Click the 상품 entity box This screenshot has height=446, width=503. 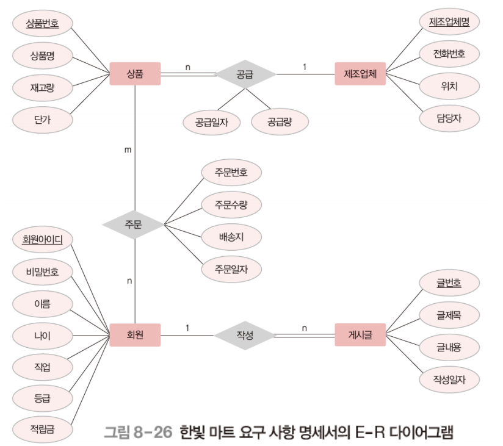(x=135, y=74)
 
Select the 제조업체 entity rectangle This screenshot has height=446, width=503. (x=360, y=74)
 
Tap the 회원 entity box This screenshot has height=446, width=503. (x=135, y=334)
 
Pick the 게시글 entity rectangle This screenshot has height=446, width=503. (x=360, y=334)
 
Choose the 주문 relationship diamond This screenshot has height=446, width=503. (x=134, y=225)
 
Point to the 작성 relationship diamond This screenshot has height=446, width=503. (x=245, y=334)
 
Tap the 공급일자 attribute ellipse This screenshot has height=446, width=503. (x=211, y=121)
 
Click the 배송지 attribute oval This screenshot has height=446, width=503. (x=231, y=236)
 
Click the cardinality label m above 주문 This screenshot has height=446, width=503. (x=128, y=149)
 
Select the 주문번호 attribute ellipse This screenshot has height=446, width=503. (x=231, y=173)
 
